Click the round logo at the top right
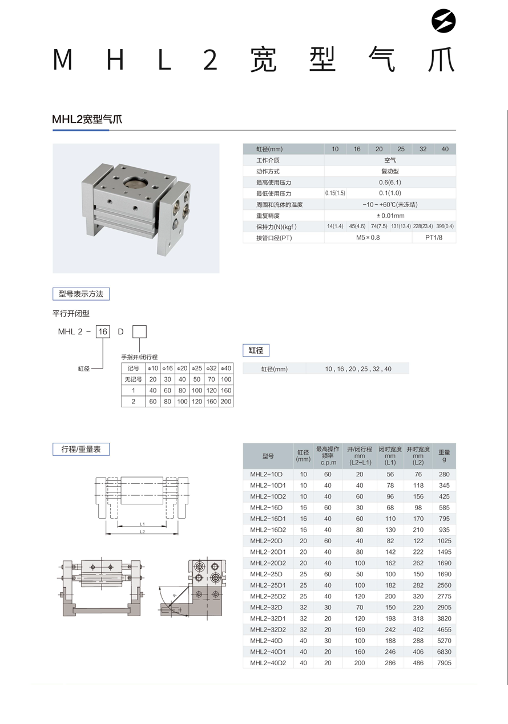tap(444, 22)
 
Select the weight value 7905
tap(444, 663)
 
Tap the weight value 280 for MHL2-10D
tap(444, 474)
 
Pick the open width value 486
tap(418, 663)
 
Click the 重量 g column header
tap(444, 455)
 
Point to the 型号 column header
tap(268, 456)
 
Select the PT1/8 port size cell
tap(434, 238)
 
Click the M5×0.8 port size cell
tap(368, 238)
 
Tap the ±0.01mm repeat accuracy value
tap(390, 216)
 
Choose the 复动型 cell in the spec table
tap(390, 171)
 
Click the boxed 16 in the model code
tap(103, 331)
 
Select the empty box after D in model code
tap(139, 331)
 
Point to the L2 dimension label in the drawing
tap(142, 532)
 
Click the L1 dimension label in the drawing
tap(142, 524)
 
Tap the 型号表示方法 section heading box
tap(80, 294)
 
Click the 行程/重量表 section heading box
tap(80, 450)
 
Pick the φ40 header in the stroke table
tap(226, 369)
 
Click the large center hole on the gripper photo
tap(136, 184)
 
